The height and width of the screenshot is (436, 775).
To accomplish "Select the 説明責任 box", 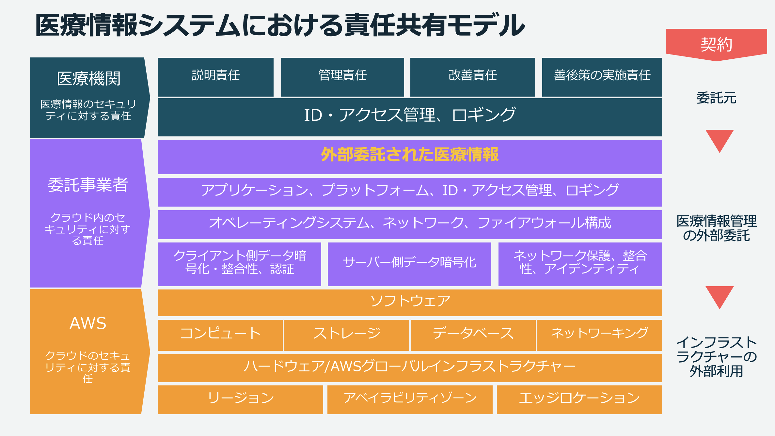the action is (x=215, y=77).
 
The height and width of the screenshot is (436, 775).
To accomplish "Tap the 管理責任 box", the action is (x=342, y=77).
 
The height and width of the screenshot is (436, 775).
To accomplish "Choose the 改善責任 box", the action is (x=472, y=77).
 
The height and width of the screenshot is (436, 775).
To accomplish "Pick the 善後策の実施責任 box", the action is (x=602, y=77).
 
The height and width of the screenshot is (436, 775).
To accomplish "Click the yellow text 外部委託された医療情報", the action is (x=410, y=155).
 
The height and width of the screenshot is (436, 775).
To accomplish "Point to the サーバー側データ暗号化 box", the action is (x=409, y=264).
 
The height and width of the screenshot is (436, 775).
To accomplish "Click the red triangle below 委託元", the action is (x=720, y=139).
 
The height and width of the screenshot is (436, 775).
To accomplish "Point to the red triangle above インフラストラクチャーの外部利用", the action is (x=720, y=296).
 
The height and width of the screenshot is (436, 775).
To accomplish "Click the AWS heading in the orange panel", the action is (x=88, y=323).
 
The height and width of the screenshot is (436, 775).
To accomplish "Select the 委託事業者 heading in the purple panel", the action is (x=88, y=185).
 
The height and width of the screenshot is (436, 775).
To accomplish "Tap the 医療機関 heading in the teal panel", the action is (x=88, y=79).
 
